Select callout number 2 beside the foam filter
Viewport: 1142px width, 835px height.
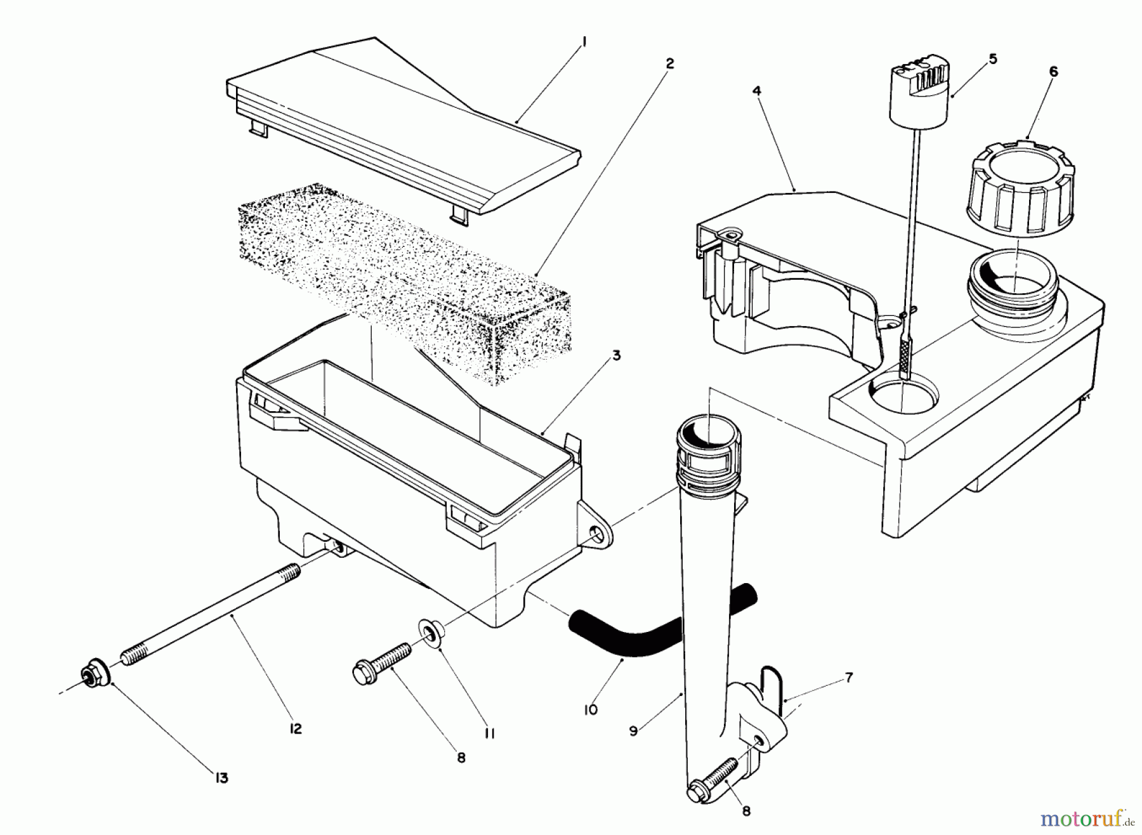pyautogui.click(x=669, y=63)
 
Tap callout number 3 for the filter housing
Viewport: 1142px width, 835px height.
pyautogui.click(x=616, y=355)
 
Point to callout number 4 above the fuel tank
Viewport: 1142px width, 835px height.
pyautogui.click(x=757, y=91)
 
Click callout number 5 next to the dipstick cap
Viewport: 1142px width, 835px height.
pyautogui.click(x=993, y=59)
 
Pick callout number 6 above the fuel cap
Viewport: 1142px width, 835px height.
pyautogui.click(x=1054, y=72)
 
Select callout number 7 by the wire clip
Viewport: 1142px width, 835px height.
pyautogui.click(x=849, y=678)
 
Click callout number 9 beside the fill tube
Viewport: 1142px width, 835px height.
pyautogui.click(x=633, y=731)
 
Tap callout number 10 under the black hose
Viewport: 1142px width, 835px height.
pyautogui.click(x=591, y=709)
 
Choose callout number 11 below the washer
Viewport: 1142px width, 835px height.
pyautogui.click(x=489, y=733)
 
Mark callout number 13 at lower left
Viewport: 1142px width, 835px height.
pyautogui.click(x=220, y=778)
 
